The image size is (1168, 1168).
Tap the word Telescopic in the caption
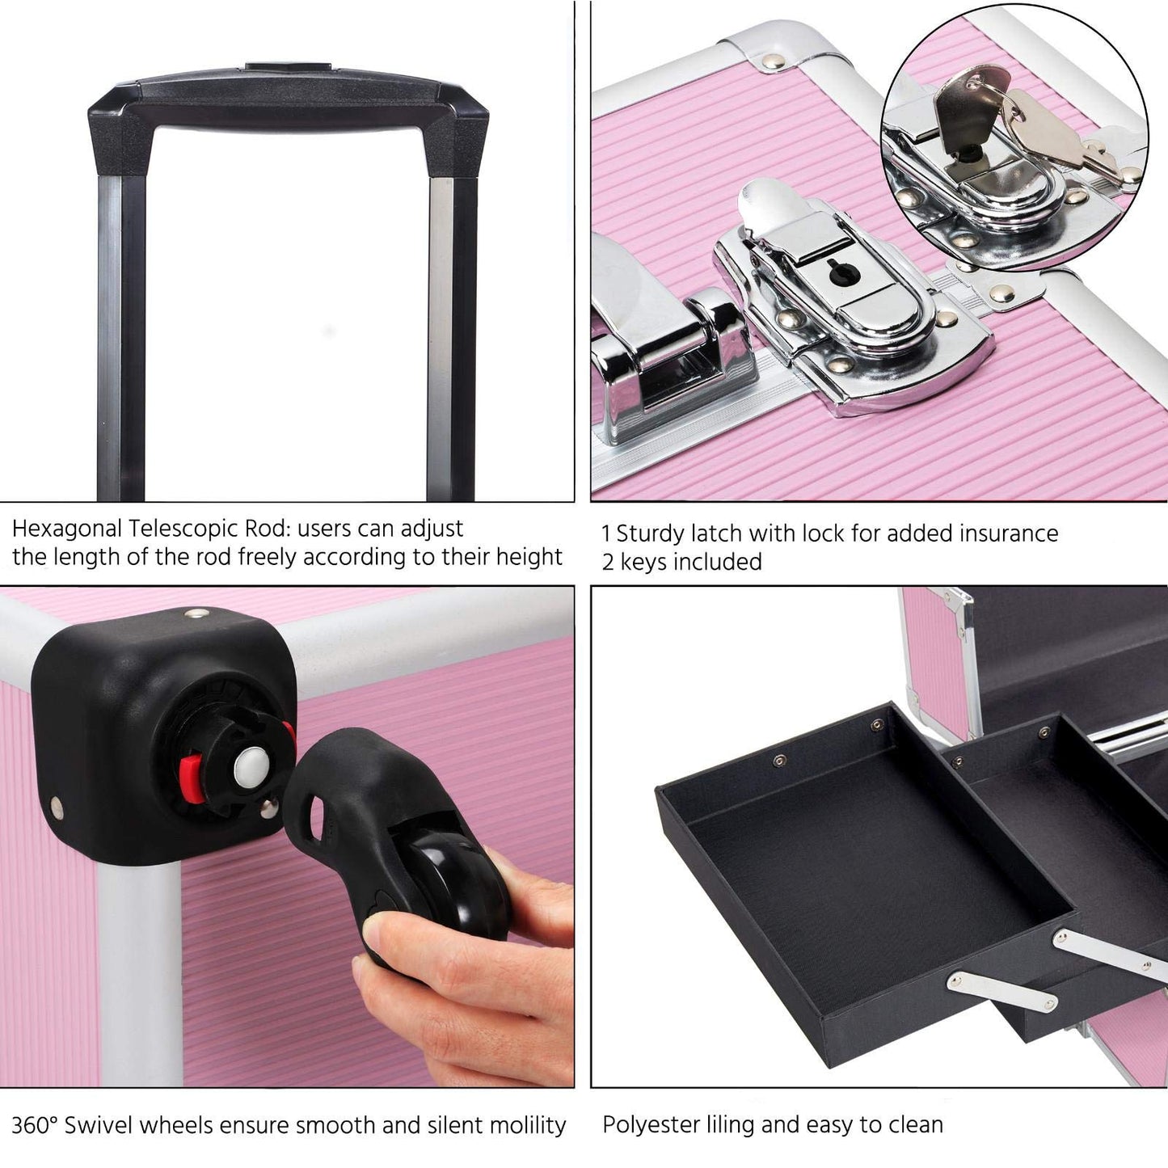[x=183, y=529]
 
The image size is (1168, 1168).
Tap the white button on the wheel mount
[x=251, y=767]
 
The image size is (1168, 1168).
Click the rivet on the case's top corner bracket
[x=773, y=61]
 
